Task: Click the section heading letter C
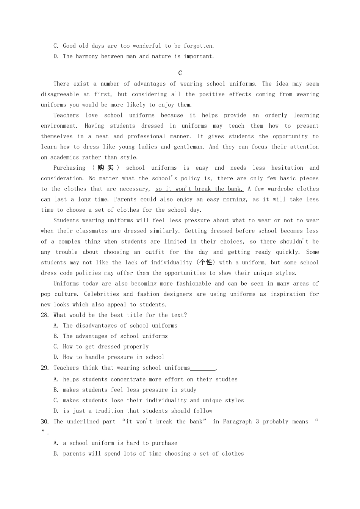coord(180,73)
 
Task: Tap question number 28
coord(45,315)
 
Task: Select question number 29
coord(45,368)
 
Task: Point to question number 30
coord(45,422)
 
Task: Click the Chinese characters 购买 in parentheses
coord(105,168)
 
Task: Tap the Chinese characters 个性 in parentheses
coord(206,262)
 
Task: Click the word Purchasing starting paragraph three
coord(69,168)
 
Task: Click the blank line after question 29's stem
coord(203,368)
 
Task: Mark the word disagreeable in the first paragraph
coord(60,94)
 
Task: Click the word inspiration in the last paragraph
coord(290,294)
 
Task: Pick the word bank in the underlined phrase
coord(235,189)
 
